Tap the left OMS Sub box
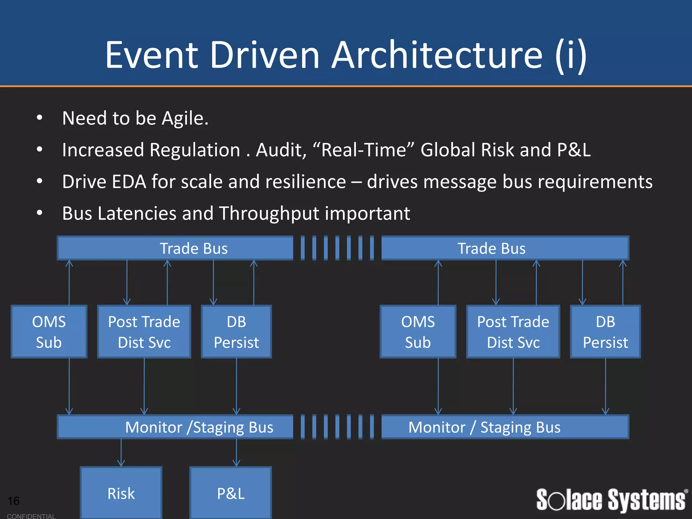click(x=49, y=331)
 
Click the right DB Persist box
click(x=605, y=331)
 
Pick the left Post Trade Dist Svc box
click(x=144, y=331)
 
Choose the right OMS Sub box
click(x=418, y=331)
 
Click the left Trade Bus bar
click(x=175, y=248)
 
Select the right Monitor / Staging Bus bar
click(x=505, y=427)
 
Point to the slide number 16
click(x=14, y=500)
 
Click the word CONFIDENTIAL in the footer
click(x=31, y=516)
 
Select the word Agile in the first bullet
click(x=184, y=118)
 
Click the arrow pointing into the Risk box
click(x=121, y=453)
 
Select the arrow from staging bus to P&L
click(x=237, y=453)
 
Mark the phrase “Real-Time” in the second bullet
click(x=363, y=150)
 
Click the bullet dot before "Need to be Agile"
click(x=40, y=118)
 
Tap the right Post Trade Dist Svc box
click(x=513, y=331)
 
